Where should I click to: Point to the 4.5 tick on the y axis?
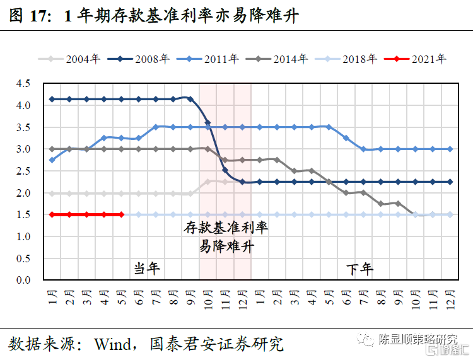pos(23,83)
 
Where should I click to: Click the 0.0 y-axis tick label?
pos(23,280)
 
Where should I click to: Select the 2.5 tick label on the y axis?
pos(23,171)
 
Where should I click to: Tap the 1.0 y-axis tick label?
pos(23,236)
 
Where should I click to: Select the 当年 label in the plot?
pos(147,269)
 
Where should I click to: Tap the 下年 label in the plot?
pos(360,269)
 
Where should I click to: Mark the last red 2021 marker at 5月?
pos(121,214)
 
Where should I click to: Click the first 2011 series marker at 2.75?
pos(52,160)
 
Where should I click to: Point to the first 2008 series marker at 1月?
pos(52,99)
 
